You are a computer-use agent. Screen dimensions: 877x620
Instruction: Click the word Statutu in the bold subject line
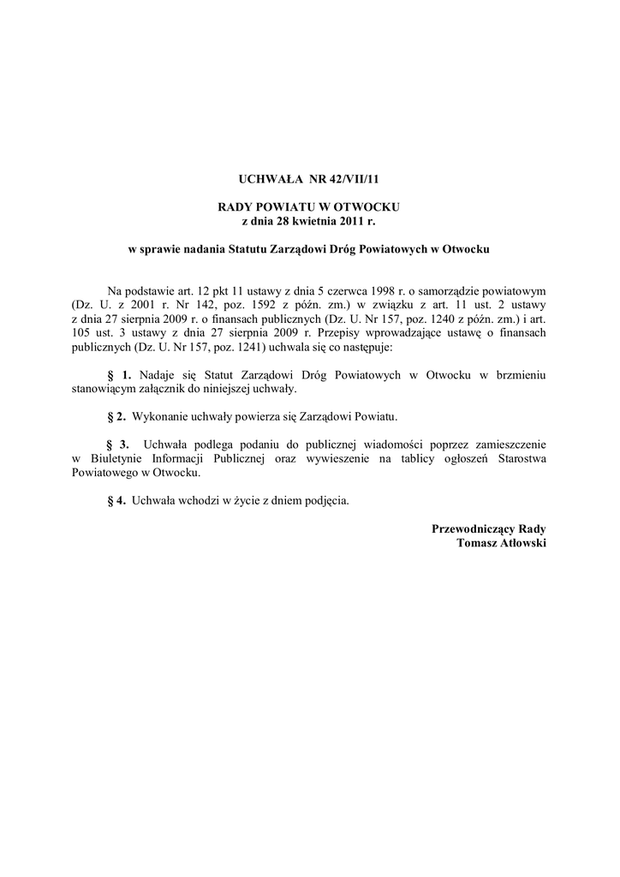254,249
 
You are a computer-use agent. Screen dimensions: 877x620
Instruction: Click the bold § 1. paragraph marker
120,375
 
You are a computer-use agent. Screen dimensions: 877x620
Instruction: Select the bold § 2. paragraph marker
116,417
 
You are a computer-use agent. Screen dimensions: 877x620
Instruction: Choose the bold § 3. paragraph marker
119,445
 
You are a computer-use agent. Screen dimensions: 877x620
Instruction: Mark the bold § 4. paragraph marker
116,501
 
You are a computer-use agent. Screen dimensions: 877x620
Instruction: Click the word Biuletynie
116,459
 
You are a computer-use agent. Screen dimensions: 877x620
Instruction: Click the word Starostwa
521,459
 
